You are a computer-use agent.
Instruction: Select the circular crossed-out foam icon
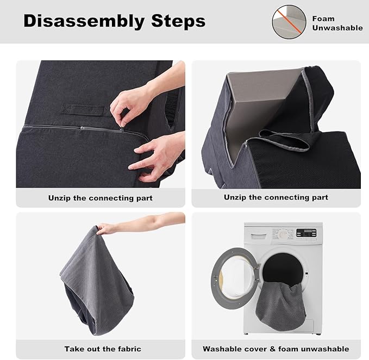click(289, 22)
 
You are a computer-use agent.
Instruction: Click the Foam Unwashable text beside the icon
click(337, 23)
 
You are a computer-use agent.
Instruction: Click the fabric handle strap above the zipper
click(82, 109)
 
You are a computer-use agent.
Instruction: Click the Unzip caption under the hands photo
click(101, 198)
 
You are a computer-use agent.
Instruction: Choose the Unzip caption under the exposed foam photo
click(276, 197)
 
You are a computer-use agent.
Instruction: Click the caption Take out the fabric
click(102, 349)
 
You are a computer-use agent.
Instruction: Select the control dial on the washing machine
click(282, 234)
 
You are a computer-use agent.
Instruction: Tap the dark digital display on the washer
click(307, 232)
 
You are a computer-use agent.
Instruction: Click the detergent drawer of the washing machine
click(259, 234)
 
